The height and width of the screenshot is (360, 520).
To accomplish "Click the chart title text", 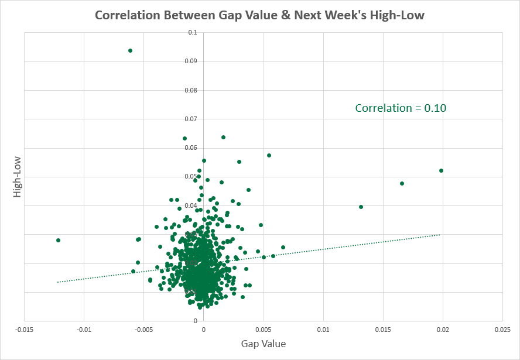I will (x=259, y=15).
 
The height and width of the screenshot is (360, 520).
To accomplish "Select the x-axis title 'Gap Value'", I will (x=263, y=343).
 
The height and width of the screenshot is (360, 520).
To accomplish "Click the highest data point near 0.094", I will (x=130, y=50).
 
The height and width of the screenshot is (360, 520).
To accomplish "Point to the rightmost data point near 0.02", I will (x=441, y=170).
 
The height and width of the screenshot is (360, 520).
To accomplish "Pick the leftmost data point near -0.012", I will (x=58, y=240).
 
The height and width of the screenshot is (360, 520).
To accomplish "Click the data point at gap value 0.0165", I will (x=402, y=183).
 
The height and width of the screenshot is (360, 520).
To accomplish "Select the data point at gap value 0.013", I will (x=361, y=207).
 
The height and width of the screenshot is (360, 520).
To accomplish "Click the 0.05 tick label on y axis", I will (x=190, y=177).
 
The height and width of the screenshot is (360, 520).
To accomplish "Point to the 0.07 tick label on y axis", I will (x=190, y=119).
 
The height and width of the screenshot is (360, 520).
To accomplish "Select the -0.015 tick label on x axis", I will (x=24, y=330).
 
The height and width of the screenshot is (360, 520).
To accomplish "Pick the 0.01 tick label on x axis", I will (x=323, y=330).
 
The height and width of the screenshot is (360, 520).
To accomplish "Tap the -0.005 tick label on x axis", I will (x=143, y=330).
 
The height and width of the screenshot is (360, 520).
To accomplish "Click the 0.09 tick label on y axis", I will (x=190, y=61).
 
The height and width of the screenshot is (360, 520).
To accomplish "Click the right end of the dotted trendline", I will (x=440, y=235).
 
